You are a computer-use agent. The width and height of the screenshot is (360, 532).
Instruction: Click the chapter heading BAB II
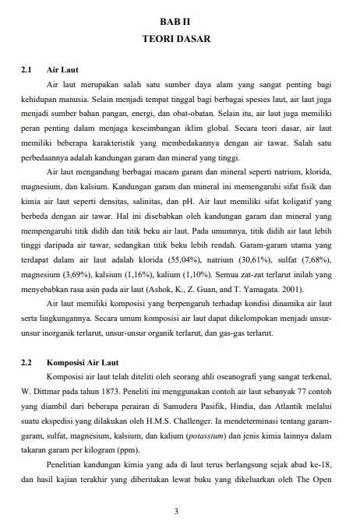pos(180,23)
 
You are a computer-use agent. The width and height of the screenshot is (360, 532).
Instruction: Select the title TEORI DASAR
pos(180,37)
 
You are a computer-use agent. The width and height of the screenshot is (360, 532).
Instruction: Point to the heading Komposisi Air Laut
pos(83,362)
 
